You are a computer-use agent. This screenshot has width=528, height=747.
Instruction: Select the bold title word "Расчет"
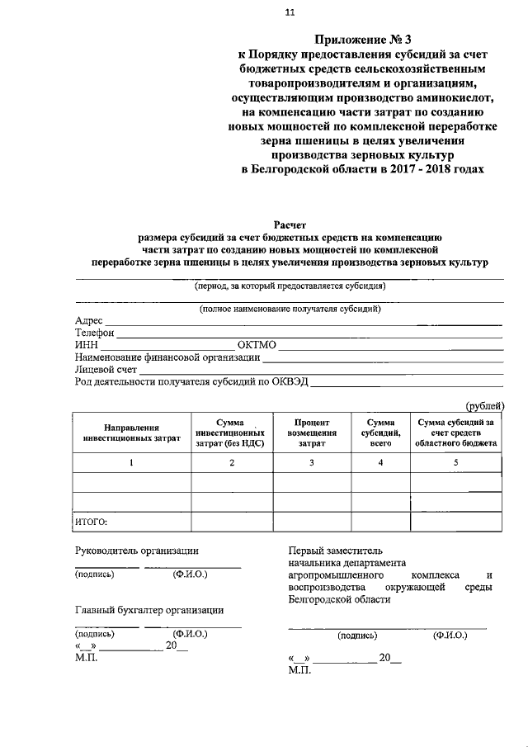pyautogui.click(x=289, y=223)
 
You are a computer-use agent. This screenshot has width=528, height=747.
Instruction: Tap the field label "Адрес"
pyautogui.click(x=89, y=320)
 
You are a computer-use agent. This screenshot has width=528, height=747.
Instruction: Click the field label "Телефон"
pyautogui.click(x=95, y=333)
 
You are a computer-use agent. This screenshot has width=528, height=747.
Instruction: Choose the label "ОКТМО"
pyautogui.click(x=259, y=345)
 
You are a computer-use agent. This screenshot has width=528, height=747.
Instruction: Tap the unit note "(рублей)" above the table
pyautogui.click(x=485, y=404)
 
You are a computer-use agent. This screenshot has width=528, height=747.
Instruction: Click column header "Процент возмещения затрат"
pyautogui.click(x=312, y=433)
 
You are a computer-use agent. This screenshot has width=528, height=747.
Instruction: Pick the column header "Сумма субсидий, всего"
pyautogui.click(x=380, y=433)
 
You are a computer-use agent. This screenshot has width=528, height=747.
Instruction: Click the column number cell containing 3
pyautogui.click(x=312, y=462)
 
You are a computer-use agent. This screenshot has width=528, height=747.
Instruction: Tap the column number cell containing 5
pyautogui.click(x=456, y=462)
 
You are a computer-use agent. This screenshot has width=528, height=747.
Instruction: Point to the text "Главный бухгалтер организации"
pyautogui.click(x=149, y=610)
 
